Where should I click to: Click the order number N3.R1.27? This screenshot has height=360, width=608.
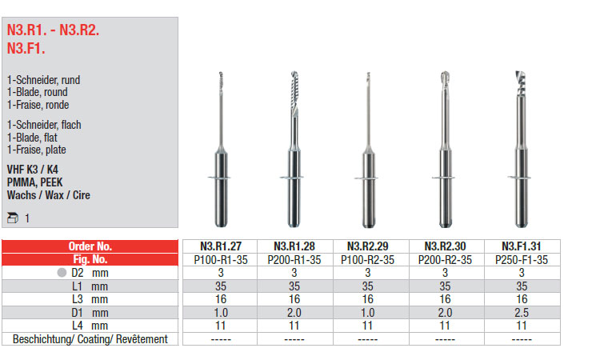[x=221, y=246]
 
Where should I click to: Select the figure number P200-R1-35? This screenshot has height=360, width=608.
[x=294, y=260]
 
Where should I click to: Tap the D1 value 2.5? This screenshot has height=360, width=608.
[x=522, y=313]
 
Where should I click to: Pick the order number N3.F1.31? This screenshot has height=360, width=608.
[x=522, y=246]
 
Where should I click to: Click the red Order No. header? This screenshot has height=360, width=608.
[x=90, y=246]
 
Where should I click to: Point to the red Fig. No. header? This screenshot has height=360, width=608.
[x=90, y=259]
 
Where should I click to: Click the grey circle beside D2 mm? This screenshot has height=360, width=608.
[x=62, y=273]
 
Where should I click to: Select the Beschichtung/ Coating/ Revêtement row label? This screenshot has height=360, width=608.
[x=90, y=339]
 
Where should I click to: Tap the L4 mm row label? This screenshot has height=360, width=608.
[x=90, y=326]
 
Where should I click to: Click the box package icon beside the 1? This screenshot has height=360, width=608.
[x=13, y=218]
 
